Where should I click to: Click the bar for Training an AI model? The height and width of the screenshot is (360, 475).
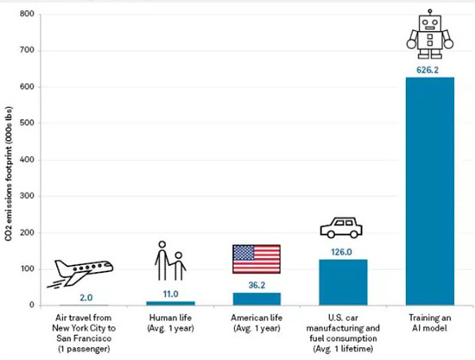[430, 191]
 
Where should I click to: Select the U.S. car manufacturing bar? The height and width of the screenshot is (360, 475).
[343, 282]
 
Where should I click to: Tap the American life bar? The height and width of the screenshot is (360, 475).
[256, 299]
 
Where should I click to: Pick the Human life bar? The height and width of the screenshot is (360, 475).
[170, 303]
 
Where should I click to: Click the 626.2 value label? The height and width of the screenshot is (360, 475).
[427, 70]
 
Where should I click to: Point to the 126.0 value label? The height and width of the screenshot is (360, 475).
[341, 252]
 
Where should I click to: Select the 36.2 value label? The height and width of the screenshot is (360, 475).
[256, 285]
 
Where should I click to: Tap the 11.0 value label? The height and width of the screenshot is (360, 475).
[170, 294]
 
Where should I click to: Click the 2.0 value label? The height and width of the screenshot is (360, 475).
[86, 298]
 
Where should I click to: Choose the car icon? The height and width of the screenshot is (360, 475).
[341, 228]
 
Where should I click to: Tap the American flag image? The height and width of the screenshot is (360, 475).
[256, 259]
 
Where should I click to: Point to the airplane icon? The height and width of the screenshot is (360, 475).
[80, 273]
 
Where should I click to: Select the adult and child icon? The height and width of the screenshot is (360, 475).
[170, 261]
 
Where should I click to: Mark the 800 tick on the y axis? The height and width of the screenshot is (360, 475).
[27, 14]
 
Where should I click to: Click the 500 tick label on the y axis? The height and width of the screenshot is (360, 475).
[27, 123]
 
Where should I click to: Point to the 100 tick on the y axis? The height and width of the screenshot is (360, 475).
[27, 268]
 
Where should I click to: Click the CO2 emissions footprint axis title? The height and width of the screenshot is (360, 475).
[9, 174]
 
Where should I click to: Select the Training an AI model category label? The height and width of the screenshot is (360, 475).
[429, 323]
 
